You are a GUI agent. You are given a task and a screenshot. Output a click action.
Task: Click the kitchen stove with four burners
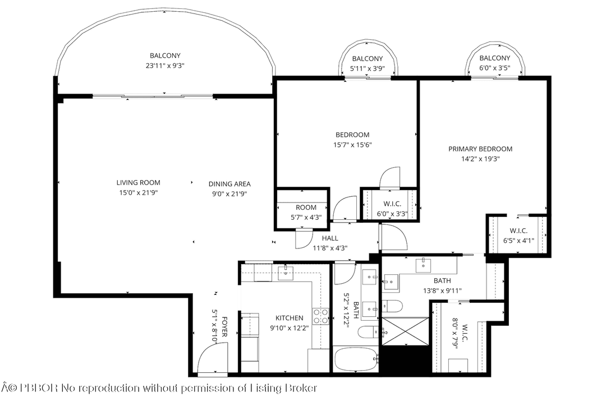[x=320, y=316]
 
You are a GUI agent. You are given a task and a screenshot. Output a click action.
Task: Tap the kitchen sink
[x=286, y=273]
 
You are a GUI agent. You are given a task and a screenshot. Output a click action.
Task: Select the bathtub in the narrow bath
[x=355, y=359]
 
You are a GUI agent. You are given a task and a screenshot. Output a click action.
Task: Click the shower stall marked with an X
[x=405, y=331]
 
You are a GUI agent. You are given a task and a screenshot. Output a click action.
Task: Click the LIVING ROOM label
[x=138, y=182]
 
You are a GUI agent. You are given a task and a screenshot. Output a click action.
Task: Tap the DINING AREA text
[x=229, y=183]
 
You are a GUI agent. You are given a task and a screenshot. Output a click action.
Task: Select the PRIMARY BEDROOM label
[x=480, y=149]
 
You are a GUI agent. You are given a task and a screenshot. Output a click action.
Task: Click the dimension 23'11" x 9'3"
[x=165, y=66]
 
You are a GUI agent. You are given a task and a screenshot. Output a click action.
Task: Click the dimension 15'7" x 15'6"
[x=352, y=145]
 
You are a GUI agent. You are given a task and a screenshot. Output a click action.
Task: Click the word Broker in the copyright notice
[x=298, y=388]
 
